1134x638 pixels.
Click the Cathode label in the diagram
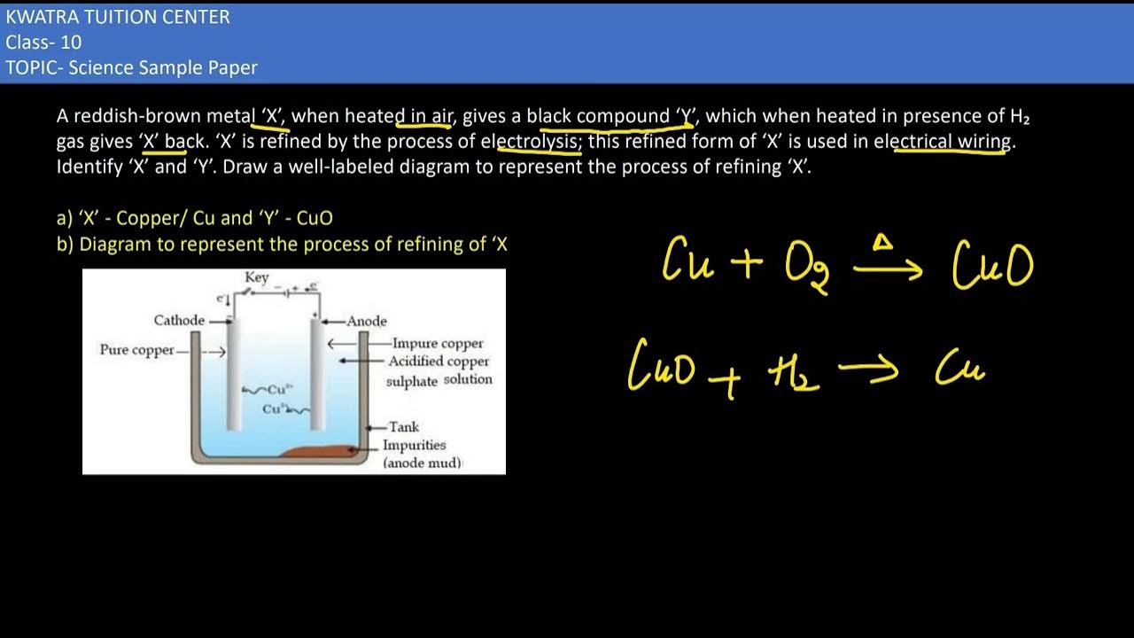[x=180, y=320]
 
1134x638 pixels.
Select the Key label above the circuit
[x=257, y=277]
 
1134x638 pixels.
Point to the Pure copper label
[x=137, y=350]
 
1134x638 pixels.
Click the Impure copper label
[x=438, y=343]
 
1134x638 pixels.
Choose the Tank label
[x=404, y=427]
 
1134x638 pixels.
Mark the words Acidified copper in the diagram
[x=439, y=362]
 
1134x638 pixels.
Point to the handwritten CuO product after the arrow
[x=992, y=265]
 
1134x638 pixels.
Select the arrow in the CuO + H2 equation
[x=868, y=370]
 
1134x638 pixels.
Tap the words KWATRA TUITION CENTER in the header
[x=118, y=17]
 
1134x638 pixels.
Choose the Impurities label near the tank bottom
[x=414, y=445]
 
